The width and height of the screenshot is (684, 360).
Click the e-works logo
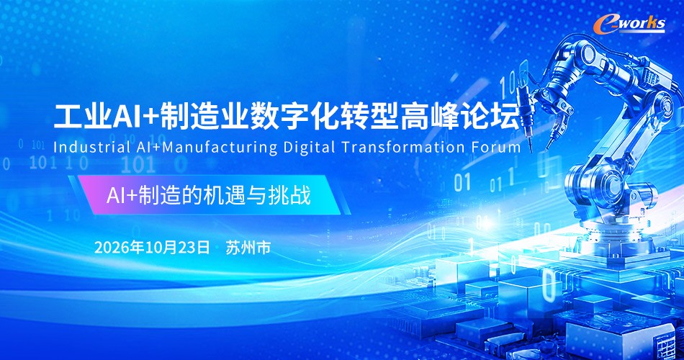(x=629, y=24)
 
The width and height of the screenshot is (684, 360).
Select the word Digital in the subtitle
(x=310, y=148)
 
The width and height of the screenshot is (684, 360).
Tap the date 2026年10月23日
(x=152, y=248)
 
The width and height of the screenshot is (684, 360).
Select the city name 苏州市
(x=248, y=248)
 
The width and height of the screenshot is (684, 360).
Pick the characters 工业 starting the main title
(x=82, y=117)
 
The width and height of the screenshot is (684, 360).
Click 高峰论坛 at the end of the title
(x=460, y=117)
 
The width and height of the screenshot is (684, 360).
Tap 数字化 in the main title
(x=294, y=117)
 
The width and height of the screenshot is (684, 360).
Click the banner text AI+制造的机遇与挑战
(x=209, y=195)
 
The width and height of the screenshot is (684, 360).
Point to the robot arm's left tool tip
(x=531, y=150)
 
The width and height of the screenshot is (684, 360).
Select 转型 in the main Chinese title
(x=370, y=117)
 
